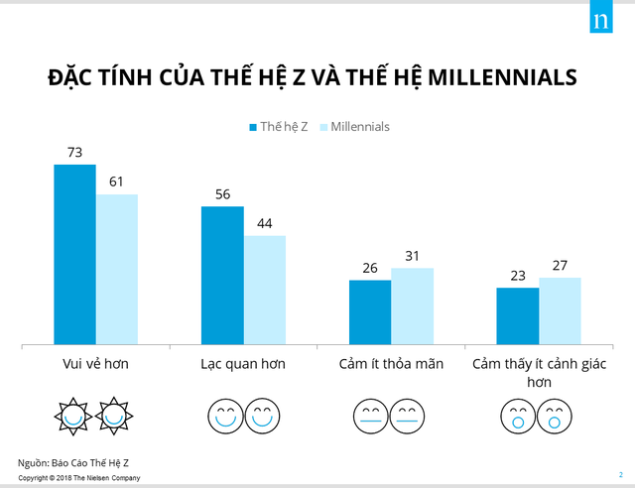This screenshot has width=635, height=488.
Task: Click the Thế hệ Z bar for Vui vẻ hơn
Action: [x=74, y=255]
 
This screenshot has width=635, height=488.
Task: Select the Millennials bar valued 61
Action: [x=117, y=270]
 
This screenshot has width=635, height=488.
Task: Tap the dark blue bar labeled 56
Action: [x=222, y=276]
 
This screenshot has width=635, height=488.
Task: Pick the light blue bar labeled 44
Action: [x=265, y=291]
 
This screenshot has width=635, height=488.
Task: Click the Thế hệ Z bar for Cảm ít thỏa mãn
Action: [x=370, y=312]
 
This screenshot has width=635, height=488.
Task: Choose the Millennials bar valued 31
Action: [x=413, y=306]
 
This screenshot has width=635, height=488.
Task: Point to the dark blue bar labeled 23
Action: [x=517, y=316]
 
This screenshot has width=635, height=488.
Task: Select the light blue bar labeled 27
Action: [x=560, y=311]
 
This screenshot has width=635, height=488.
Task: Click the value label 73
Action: [x=74, y=153]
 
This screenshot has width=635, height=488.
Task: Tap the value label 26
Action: [x=370, y=269]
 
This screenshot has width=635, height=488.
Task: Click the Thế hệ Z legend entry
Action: [x=277, y=127]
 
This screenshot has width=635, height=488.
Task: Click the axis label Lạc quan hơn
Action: [x=243, y=364]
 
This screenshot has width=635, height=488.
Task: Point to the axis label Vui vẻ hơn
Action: [x=95, y=364]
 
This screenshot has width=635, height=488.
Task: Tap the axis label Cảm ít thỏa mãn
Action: [x=391, y=364]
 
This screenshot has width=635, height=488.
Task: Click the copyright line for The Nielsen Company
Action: [x=79, y=478]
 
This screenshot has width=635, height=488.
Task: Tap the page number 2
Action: [x=619, y=474]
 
